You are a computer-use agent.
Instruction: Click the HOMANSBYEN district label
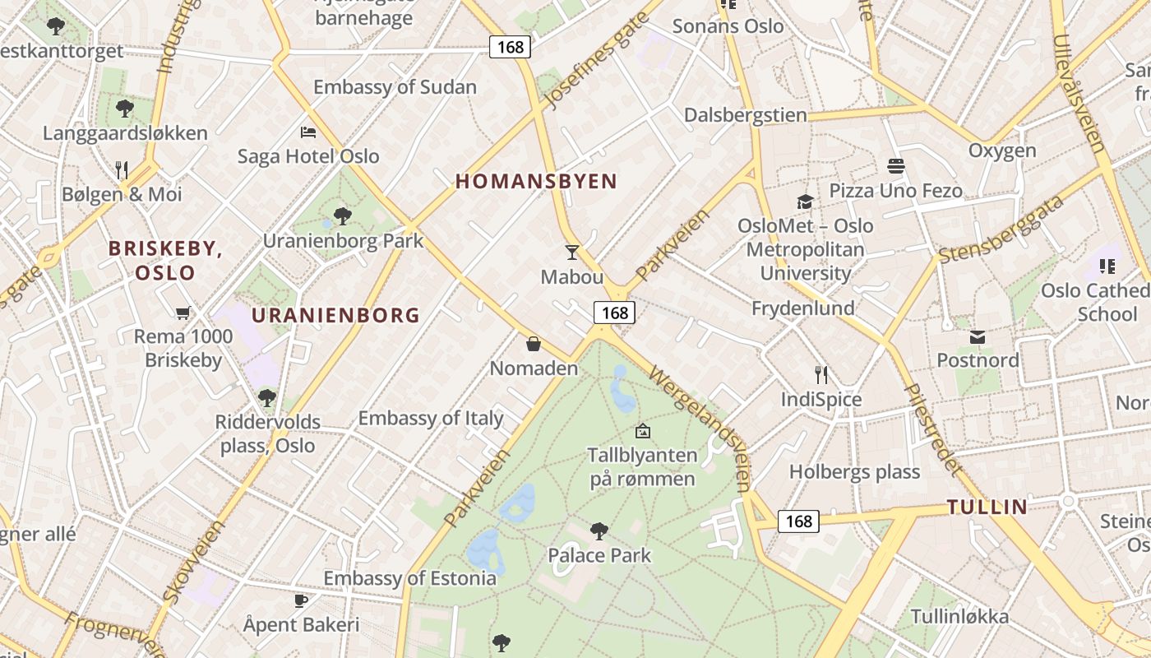536,182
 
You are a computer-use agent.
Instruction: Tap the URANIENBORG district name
335,315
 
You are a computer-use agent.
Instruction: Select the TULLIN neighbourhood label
987,507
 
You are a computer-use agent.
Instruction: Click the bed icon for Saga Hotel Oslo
308,132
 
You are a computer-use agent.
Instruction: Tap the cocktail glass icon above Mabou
572,253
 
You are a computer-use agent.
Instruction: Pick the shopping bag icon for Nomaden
534,343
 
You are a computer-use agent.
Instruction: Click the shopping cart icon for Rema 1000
183,312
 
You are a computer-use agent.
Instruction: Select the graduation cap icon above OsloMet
805,202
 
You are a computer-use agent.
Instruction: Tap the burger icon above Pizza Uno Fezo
896,166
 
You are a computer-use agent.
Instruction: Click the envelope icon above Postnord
978,336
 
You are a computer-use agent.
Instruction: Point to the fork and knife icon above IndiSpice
821,375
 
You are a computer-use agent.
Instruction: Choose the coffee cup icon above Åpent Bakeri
301,600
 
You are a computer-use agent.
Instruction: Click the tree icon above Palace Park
599,531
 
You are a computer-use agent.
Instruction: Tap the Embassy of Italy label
431,418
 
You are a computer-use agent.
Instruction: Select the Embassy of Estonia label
409,578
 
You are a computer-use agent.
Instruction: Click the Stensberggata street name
1001,229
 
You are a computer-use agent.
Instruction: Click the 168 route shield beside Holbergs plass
798,521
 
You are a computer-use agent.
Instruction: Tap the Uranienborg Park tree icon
343,216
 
